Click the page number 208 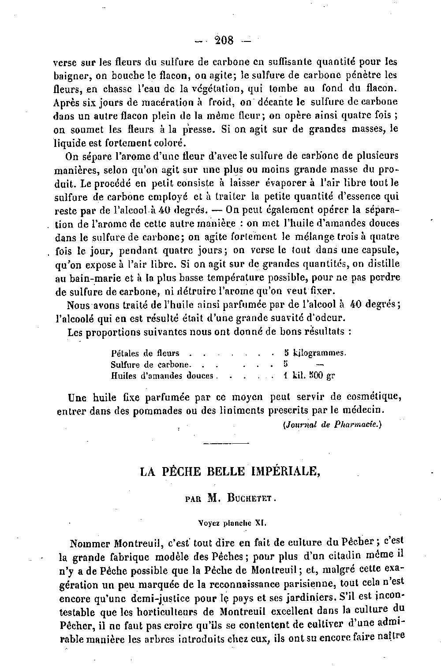coord(224,41)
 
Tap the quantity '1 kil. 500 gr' coord(309,376)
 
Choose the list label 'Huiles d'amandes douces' coord(162,376)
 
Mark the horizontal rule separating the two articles coord(228,443)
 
